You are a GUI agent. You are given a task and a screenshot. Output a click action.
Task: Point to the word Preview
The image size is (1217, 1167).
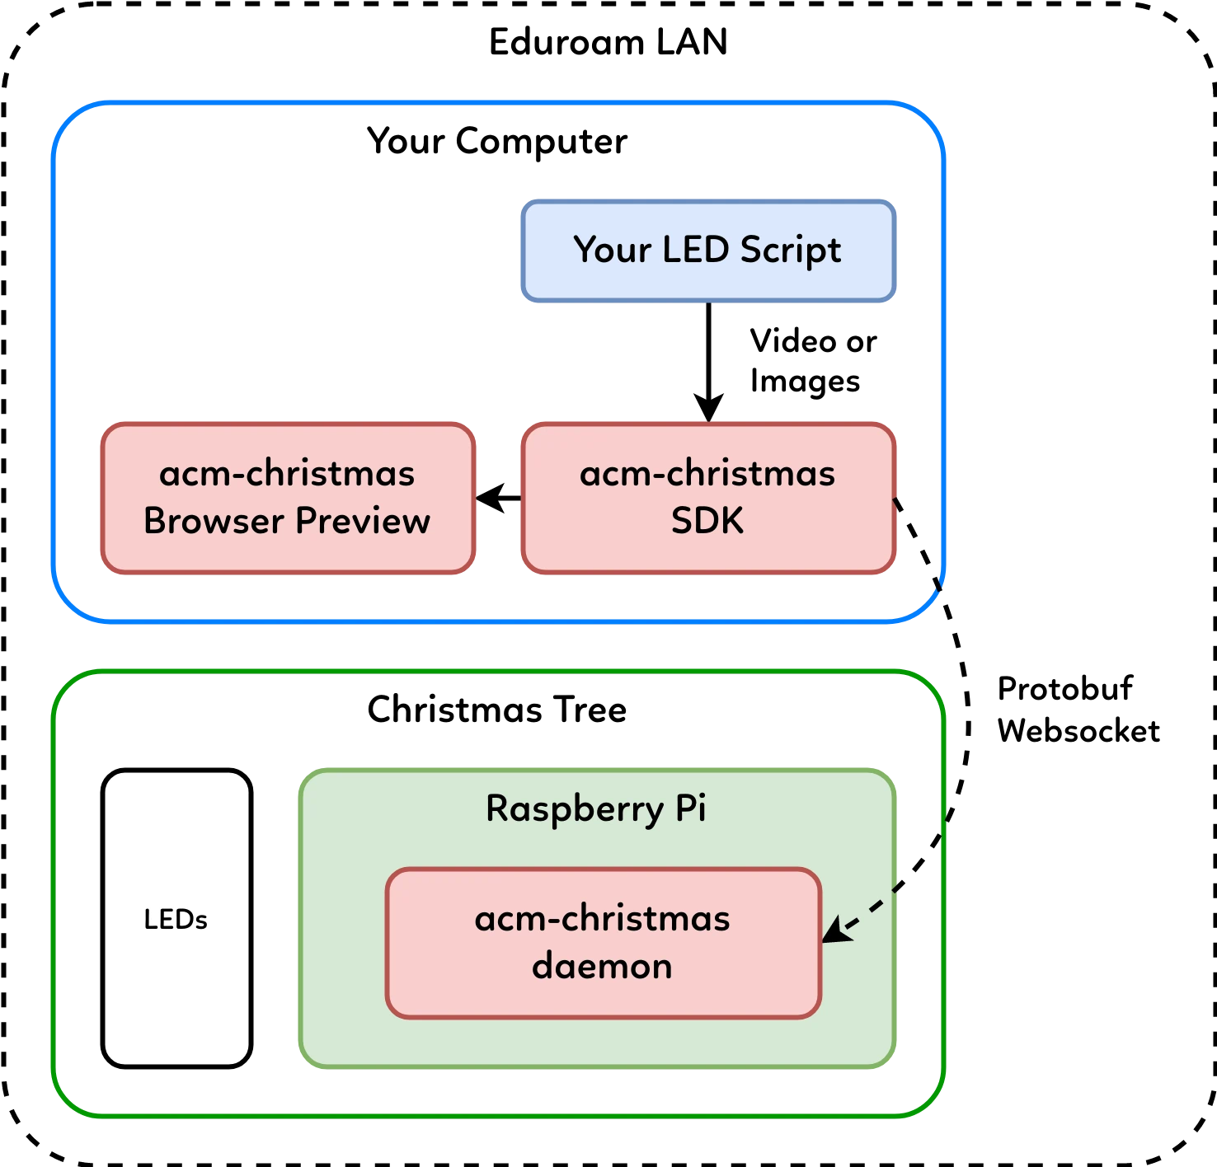[363, 521]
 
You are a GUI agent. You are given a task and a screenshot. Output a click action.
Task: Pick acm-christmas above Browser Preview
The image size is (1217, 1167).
[287, 474]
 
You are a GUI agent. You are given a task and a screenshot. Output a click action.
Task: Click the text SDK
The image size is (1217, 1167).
[707, 521]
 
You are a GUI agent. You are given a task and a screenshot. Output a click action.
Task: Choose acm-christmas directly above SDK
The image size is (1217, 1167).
[707, 474]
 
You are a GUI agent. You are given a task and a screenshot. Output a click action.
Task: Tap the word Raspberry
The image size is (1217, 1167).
[574, 808]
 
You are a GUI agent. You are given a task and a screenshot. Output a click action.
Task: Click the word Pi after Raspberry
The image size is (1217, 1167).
[690, 808]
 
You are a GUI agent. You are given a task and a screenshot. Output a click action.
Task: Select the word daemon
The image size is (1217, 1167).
[602, 966]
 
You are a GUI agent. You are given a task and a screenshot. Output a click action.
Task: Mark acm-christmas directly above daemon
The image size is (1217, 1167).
[602, 918]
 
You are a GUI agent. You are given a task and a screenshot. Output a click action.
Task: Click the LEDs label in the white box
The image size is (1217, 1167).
[176, 919]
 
